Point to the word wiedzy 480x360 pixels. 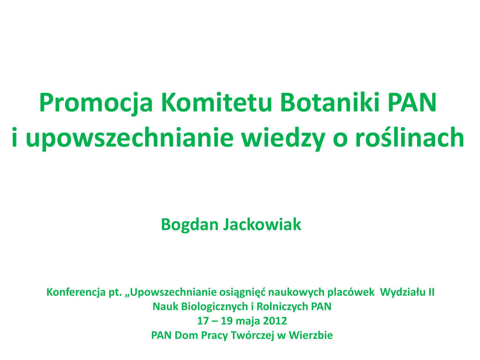(x=283, y=139)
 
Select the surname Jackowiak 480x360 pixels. (x=262, y=225)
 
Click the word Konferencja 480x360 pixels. (x=76, y=292)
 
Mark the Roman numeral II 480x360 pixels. (x=431, y=292)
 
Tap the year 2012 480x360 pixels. (x=275, y=321)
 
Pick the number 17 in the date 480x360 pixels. (x=203, y=321)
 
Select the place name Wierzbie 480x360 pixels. (x=311, y=335)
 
